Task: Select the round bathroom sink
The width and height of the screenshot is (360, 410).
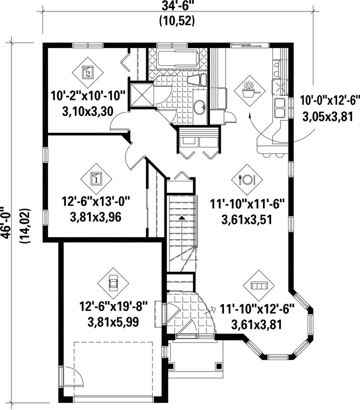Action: [201, 107]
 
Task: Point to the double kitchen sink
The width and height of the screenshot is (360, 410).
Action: [279, 108]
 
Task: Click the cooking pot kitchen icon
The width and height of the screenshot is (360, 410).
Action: [249, 91]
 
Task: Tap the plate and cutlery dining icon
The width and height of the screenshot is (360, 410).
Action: [247, 179]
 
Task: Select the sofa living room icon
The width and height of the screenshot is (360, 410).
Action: [258, 286]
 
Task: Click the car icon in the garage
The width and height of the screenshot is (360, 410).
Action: [113, 283]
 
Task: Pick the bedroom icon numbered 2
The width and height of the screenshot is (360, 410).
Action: [87, 72]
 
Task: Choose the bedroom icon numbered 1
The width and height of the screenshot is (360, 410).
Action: [96, 179]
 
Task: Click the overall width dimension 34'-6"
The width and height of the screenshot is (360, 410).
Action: [177, 6]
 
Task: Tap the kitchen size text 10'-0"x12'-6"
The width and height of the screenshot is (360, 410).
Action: [328, 100]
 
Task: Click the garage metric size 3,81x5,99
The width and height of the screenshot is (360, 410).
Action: [113, 322]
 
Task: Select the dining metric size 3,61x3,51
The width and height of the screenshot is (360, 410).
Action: [247, 220]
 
